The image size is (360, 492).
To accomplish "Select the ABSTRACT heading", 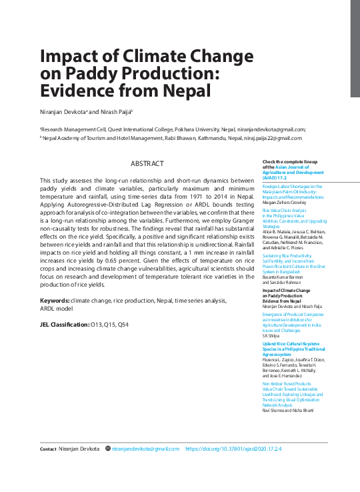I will coord(147,163).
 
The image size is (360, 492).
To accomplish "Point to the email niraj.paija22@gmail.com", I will coord(265,138).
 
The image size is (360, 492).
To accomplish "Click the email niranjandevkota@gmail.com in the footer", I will coord(145,449).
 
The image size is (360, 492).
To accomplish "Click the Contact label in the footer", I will coord(48,449).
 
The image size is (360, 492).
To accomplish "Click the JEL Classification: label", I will coord(65,324).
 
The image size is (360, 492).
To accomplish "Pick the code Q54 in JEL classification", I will coord(123,324).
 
